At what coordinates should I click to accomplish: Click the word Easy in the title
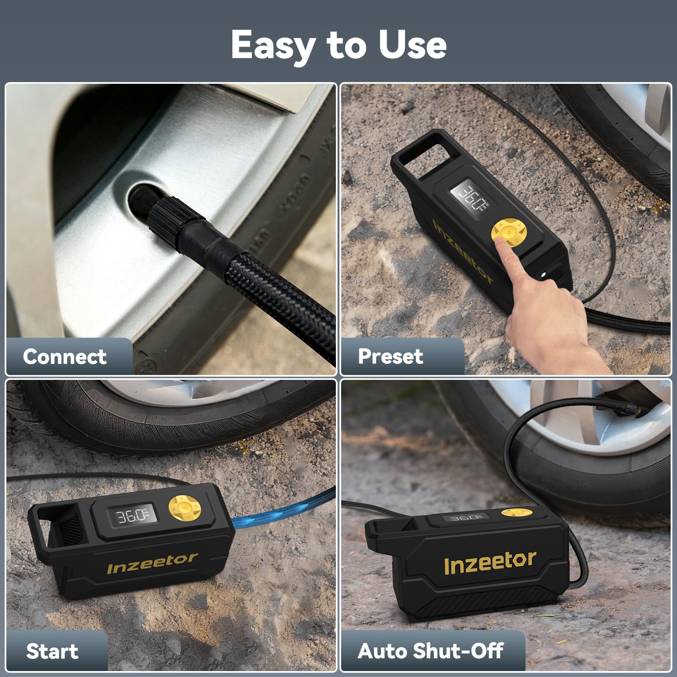click(273, 46)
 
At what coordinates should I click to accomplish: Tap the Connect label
click(65, 356)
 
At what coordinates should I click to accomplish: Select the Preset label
click(390, 356)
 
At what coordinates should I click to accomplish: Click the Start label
click(52, 651)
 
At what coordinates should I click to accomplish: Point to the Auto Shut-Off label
click(430, 651)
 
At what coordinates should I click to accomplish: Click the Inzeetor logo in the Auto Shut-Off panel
click(490, 563)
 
